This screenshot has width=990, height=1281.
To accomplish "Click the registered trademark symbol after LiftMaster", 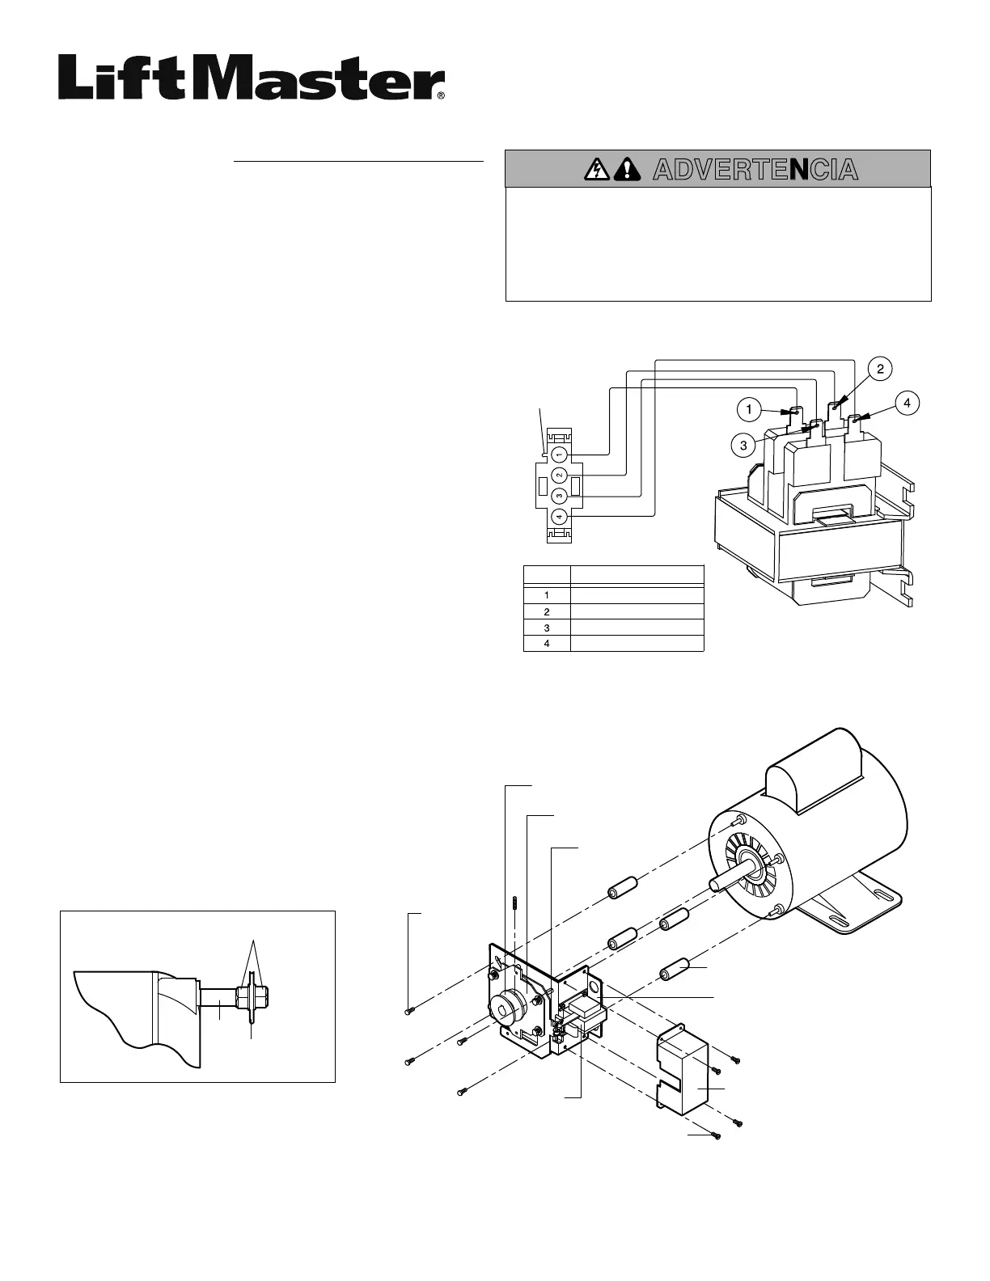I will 441,95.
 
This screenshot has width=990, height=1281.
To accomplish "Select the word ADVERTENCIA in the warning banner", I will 754,170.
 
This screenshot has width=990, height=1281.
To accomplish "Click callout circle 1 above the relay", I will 750,410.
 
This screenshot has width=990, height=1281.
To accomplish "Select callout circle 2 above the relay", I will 880,369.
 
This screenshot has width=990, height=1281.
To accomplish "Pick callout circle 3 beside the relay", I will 743,443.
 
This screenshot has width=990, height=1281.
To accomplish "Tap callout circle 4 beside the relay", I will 907,402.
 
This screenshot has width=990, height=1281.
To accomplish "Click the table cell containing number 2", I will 547,611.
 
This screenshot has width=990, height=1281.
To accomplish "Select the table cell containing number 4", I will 547,644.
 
